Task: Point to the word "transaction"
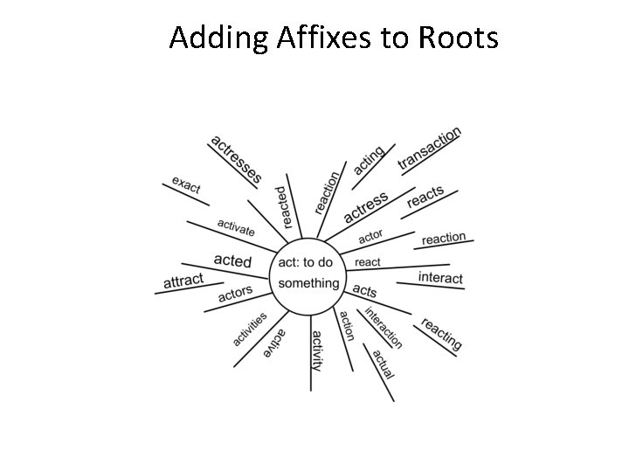[429, 149]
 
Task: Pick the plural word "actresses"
[236, 159]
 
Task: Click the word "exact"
[186, 184]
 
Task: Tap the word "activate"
[236, 228]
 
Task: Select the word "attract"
[183, 281]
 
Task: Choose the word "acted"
[232, 261]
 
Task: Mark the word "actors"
[235, 294]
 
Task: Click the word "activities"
[250, 329]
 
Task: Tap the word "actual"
[384, 364]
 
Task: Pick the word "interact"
[440, 278]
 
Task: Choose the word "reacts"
[425, 198]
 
